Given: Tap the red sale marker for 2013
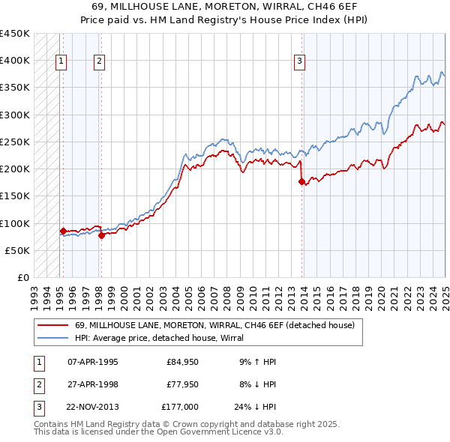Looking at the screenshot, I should point(301,181).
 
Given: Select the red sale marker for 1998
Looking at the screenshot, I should point(100,235).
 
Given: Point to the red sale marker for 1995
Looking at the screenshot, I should point(63,231).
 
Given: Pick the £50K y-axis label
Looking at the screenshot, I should point(18,250).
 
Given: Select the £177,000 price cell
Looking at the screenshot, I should point(180,407).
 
